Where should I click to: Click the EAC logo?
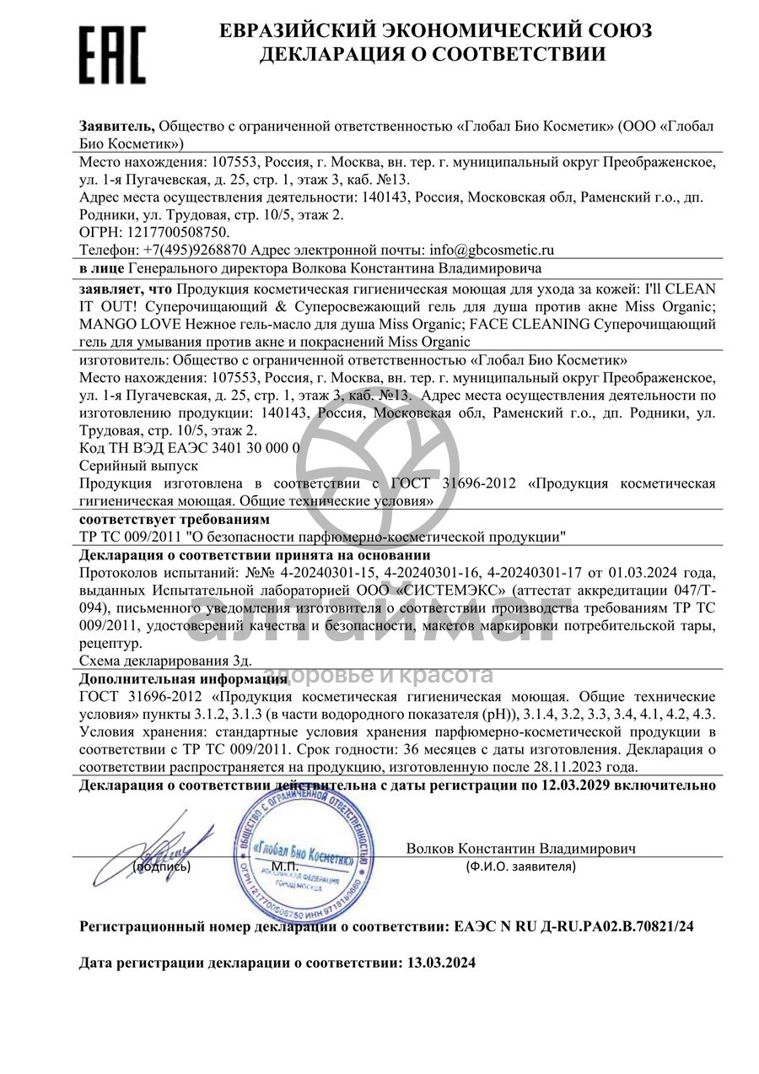tap(112, 53)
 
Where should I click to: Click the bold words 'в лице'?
tap(102, 268)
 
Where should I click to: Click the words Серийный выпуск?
tap(138, 465)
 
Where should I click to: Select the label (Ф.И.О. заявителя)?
tap(520, 866)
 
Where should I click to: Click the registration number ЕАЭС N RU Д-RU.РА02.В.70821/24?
tap(570, 926)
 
